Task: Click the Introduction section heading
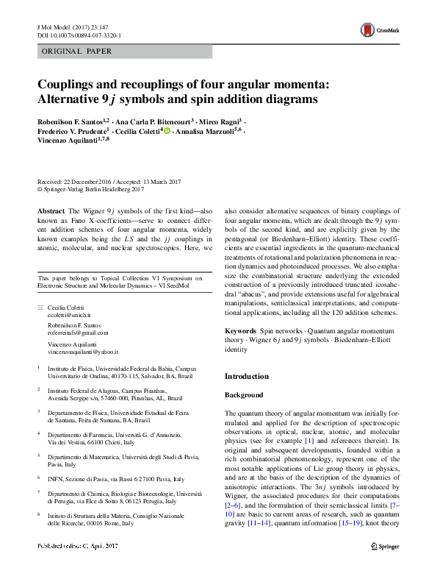247,376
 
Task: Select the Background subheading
243,394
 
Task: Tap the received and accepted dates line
103,181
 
